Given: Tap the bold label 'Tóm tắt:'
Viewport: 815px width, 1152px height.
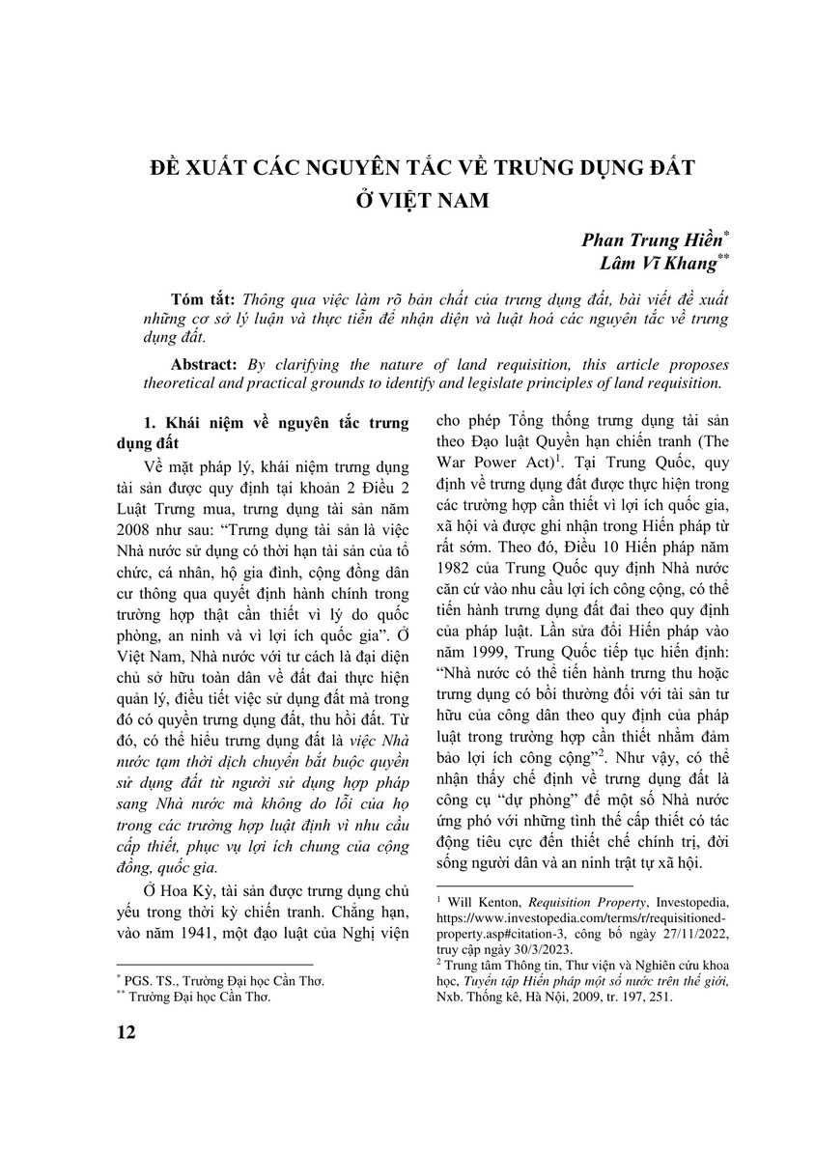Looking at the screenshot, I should tap(200, 299).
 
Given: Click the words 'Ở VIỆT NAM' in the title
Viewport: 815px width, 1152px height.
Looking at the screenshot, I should tap(408, 203).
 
